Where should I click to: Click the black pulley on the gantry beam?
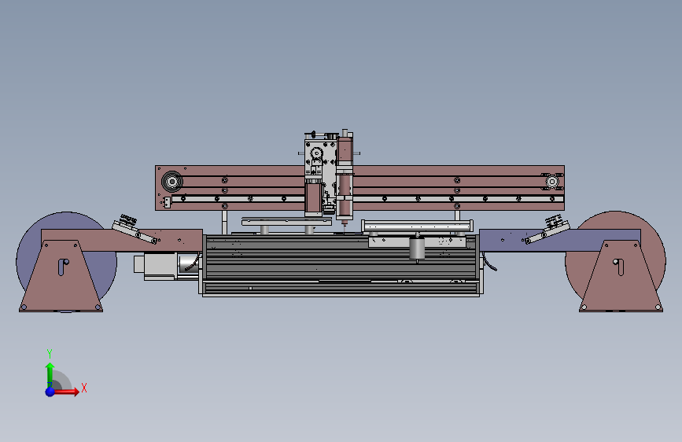point(171,181)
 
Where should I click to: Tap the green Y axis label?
point(50,353)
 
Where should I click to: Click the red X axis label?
point(84,388)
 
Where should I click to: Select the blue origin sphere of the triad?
point(50,392)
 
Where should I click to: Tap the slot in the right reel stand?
point(619,267)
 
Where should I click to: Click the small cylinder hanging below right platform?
point(417,249)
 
